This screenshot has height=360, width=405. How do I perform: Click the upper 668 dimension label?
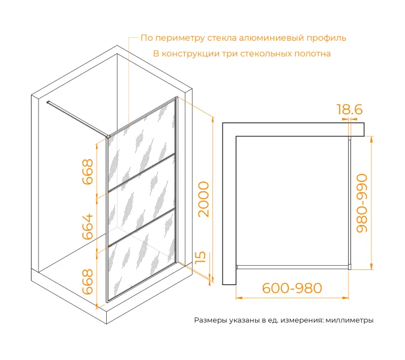click(88, 172)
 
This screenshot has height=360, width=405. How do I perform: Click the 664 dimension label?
click(88, 226)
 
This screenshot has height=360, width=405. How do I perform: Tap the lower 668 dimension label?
click(88, 281)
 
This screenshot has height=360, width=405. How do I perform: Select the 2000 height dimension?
click(203, 199)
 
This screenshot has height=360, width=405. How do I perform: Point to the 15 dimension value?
click(200, 257)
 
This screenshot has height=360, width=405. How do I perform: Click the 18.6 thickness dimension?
click(350, 109)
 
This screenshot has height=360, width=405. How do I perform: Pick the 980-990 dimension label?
click(362, 203)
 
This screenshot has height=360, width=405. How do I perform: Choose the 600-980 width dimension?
click(292, 288)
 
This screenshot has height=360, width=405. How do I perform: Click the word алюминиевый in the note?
click(271, 38)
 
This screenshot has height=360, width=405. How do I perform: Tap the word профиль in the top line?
click(326, 38)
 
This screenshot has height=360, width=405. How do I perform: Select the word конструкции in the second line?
click(190, 54)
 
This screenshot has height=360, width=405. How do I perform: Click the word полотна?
click(313, 53)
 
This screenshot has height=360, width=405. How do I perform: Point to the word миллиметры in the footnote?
click(349, 320)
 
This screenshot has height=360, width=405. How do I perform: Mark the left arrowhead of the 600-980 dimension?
click(239, 298)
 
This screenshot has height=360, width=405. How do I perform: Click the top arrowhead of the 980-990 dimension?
click(371, 139)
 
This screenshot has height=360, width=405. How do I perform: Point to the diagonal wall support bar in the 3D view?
click(77, 119)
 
